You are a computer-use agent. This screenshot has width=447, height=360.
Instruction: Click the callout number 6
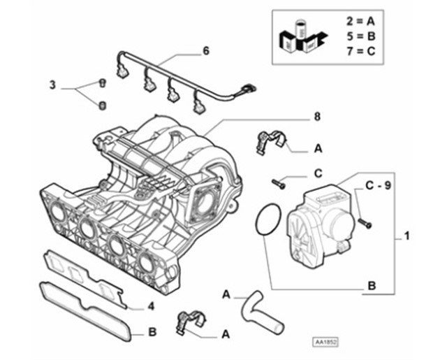click(206, 51)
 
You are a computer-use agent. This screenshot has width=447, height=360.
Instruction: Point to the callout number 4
click(150, 305)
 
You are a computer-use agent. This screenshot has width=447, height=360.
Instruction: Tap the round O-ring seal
click(265, 220)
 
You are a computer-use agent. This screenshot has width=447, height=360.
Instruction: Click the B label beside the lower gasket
click(153, 333)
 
